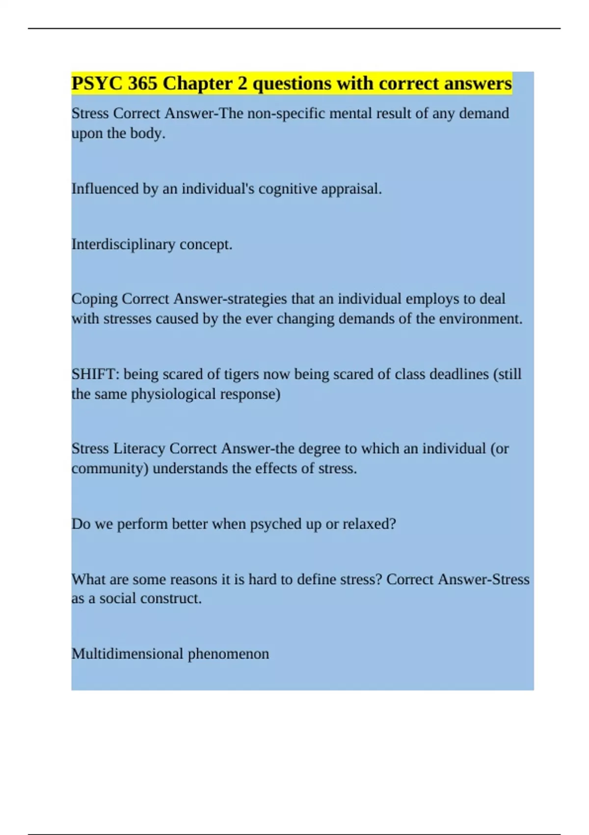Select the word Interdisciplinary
123,244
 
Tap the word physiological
173,394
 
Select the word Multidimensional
127,654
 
